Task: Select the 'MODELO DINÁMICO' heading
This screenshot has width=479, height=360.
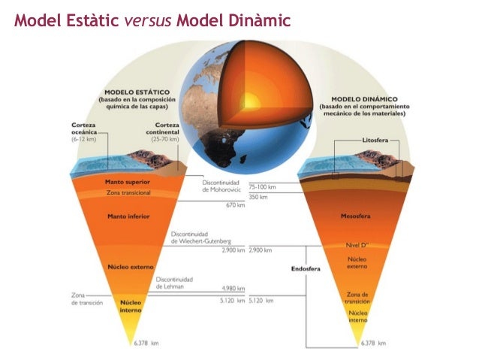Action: tap(366, 98)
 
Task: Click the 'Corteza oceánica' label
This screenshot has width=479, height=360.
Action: tap(83, 129)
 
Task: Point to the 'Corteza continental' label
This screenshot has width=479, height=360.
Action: tap(166, 129)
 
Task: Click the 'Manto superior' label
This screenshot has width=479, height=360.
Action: tap(130, 182)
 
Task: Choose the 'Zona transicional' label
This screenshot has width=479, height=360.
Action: tap(129, 192)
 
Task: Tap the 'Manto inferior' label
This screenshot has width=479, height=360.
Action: tap(129, 216)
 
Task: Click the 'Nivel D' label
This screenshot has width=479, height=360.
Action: tap(355, 244)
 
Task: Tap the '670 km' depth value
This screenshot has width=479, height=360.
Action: tap(236, 204)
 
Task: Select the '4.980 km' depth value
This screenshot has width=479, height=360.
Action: tap(233, 287)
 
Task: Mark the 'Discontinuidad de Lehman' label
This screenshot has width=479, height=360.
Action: tap(174, 282)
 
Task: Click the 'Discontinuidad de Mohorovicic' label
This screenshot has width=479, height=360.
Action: tap(221, 186)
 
